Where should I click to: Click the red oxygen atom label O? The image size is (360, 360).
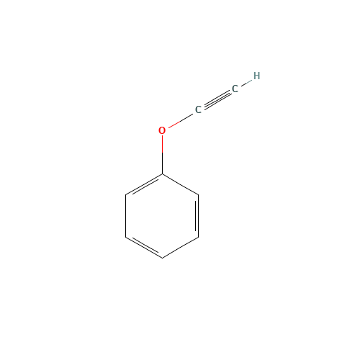tap(162, 130)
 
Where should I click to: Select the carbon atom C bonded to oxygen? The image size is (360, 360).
tap(198, 109)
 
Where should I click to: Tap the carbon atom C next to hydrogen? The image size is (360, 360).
tap(235, 89)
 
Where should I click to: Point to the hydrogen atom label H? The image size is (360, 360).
tap(256, 76)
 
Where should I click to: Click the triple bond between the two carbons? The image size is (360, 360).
tap(216, 99)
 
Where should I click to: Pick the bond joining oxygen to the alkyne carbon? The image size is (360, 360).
tap(180, 120)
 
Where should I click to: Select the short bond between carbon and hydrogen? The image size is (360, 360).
tap(246, 82)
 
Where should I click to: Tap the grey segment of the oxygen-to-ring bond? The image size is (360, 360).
tap(162, 163)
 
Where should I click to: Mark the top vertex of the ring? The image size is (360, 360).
tap(163, 174)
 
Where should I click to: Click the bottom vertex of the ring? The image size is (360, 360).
tap(163, 257)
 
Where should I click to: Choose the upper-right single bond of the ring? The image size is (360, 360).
tap(181, 184)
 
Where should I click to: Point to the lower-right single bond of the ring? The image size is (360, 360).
tap(181, 247)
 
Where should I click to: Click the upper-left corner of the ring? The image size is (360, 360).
tap(127, 194)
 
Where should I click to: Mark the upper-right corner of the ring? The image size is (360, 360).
tap(199, 194)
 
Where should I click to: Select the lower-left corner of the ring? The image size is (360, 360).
tap(127, 236)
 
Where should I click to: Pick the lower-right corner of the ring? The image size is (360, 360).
tap(199, 236)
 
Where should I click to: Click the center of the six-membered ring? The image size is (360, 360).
tap(163, 215)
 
